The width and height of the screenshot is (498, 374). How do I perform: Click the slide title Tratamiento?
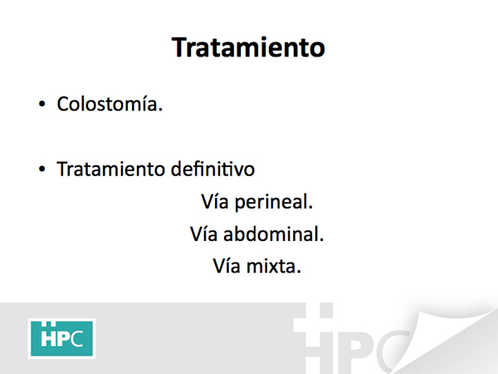248,47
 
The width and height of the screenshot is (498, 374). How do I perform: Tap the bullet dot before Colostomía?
42,104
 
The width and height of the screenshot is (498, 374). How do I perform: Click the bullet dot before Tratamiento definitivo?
42,169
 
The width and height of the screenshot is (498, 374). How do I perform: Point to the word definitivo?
212,169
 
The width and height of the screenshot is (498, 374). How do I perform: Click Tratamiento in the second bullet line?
110,169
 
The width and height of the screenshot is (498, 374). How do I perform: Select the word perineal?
274,202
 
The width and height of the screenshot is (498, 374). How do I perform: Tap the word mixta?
274,266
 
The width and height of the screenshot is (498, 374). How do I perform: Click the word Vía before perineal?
215,201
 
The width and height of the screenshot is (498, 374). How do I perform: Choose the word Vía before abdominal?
203,234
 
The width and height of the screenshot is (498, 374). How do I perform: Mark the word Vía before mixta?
227,266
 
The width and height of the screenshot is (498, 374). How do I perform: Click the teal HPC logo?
61,338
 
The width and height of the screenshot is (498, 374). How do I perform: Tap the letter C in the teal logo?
76,338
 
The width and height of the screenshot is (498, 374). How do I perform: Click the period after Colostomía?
160,110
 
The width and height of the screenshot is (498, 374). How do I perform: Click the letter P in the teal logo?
63,338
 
